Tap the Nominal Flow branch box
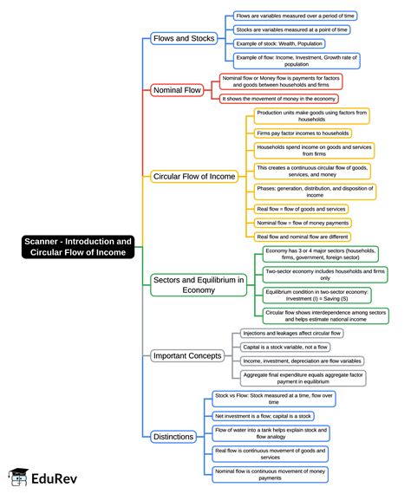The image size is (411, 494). point(179,90)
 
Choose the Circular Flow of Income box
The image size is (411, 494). point(194,176)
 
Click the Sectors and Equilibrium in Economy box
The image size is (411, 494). point(199,284)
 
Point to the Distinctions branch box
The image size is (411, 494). point(173,436)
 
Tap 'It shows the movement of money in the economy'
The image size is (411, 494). point(281,98)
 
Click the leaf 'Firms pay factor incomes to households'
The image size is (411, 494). point(303,133)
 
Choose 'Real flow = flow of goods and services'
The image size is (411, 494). point(301,209)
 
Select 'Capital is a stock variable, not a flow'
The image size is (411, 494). point(285,347)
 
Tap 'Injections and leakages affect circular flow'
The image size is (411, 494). point(292,333)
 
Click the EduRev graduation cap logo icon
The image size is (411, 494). point(17,477)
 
